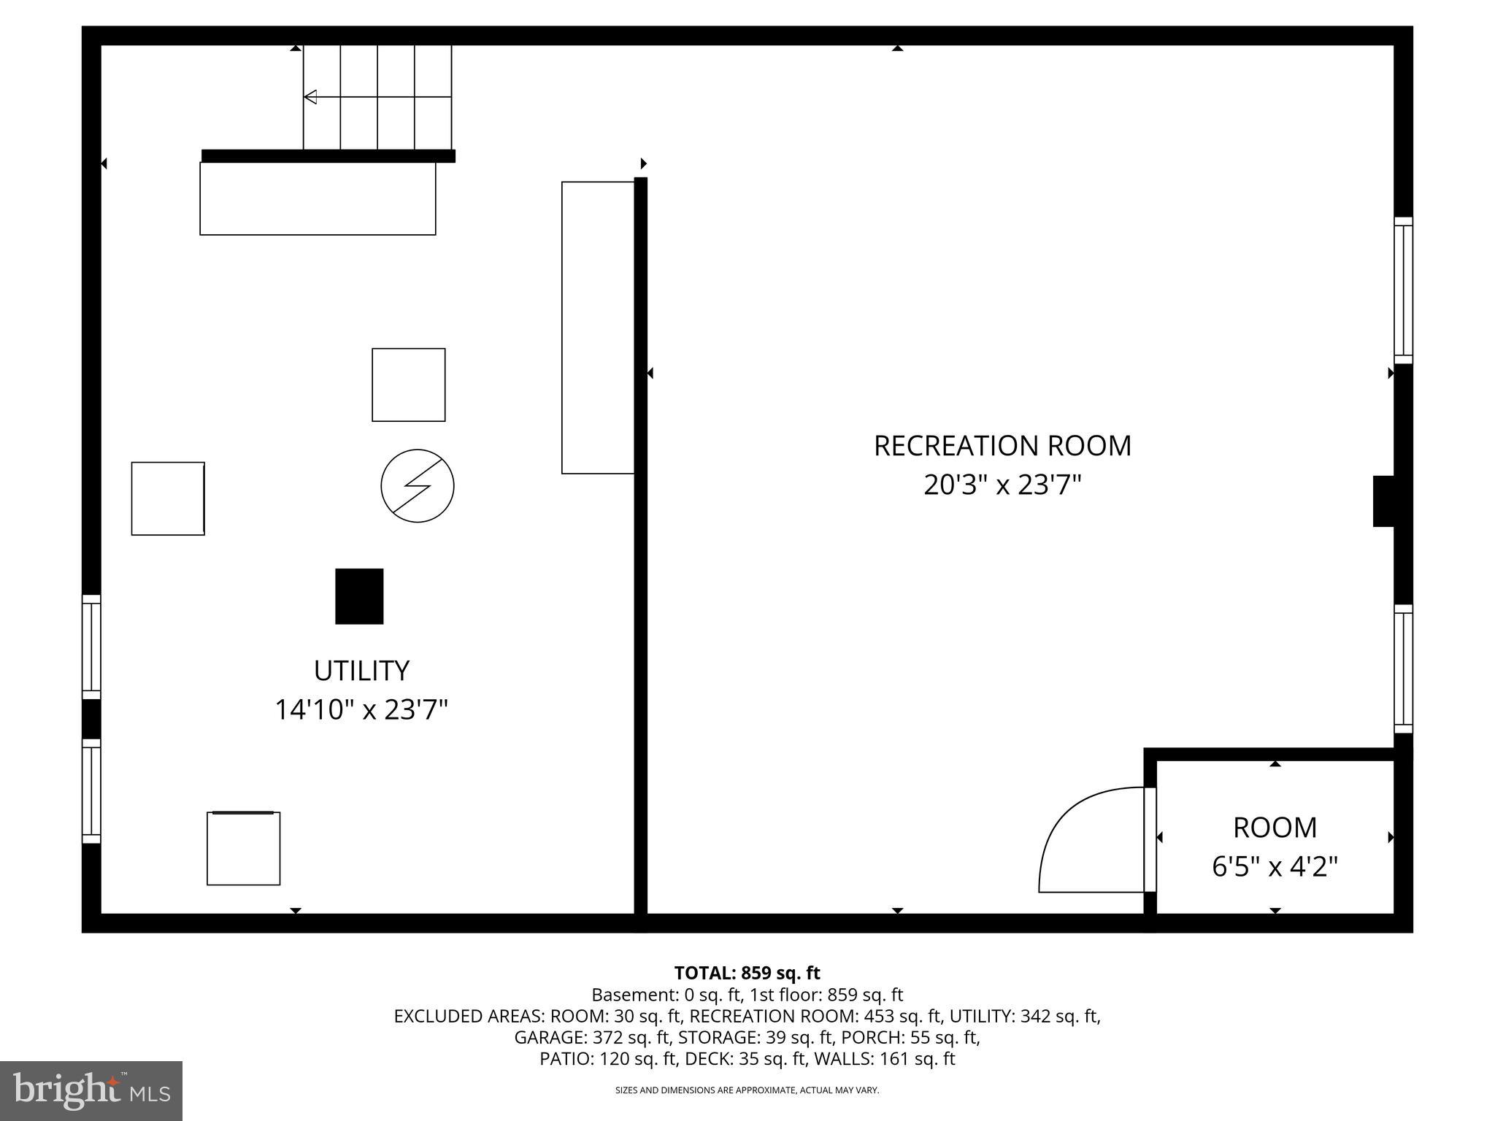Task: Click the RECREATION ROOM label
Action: coord(1002,445)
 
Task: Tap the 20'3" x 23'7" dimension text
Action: coord(1002,485)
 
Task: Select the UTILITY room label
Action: coord(361,670)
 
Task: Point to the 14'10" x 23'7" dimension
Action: coord(361,709)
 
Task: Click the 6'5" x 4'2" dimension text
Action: coord(1275,867)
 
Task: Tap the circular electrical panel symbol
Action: coord(418,485)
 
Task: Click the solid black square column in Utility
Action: coord(359,596)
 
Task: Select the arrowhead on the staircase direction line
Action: coord(310,96)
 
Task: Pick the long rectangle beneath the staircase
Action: coord(318,199)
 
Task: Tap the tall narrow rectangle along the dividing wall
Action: coord(598,328)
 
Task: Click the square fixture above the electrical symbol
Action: coord(409,385)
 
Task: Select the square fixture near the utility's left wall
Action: coord(168,498)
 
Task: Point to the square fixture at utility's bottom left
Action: coord(244,848)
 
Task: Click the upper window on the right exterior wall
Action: coord(1403,290)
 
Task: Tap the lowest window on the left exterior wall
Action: coord(91,791)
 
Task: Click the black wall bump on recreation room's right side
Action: coord(1383,501)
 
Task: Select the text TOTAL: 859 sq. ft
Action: coord(747,973)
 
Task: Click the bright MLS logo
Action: coord(91,1090)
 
